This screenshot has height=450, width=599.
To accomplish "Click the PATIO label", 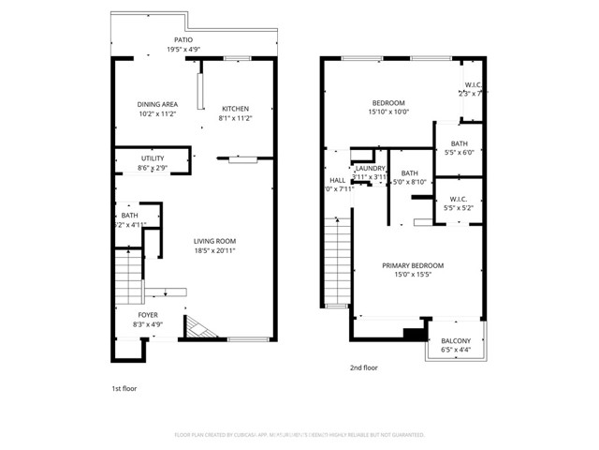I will [183, 39].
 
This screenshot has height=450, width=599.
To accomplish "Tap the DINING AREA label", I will [157, 104].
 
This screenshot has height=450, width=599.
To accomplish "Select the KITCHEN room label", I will [235, 108].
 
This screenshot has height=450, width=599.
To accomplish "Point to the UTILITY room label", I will [153, 158].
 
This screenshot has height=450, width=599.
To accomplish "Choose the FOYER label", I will [149, 315].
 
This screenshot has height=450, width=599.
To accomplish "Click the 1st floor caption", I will [124, 386].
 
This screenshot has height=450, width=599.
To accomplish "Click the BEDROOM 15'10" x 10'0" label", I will [388, 102].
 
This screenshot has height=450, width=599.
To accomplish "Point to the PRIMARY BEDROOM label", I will [413, 265].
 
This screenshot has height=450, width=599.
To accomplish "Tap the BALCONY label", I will [456, 341].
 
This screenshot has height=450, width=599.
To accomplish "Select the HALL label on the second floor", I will [337, 180].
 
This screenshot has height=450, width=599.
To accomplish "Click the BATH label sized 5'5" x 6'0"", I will [459, 143].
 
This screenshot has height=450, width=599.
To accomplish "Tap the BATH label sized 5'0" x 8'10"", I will [409, 173].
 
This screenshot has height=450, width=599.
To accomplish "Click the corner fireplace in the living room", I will [196, 327].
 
